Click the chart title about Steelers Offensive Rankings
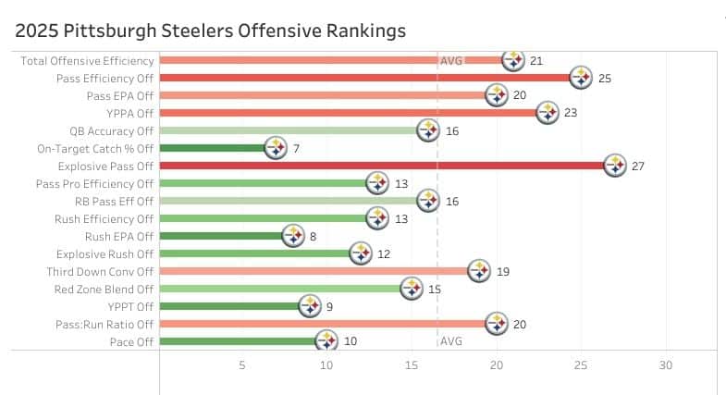[x=211, y=31]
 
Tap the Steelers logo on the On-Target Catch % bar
[x=276, y=148]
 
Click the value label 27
[x=638, y=167]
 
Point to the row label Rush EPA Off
[x=119, y=236]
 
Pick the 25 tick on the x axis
[x=581, y=365]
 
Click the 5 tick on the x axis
[x=242, y=365]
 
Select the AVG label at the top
[x=451, y=61]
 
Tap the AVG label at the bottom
[x=451, y=341]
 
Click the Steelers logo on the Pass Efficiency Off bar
[x=581, y=79]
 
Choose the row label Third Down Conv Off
[x=101, y=272]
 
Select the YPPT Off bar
[x=231, y=306]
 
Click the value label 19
[x=504, y=272]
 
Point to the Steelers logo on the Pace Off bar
[x=326, y=341]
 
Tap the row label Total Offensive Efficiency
[x=87, y=61]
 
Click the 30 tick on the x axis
[x=665, y=365]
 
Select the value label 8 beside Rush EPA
[x=314, y=236]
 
